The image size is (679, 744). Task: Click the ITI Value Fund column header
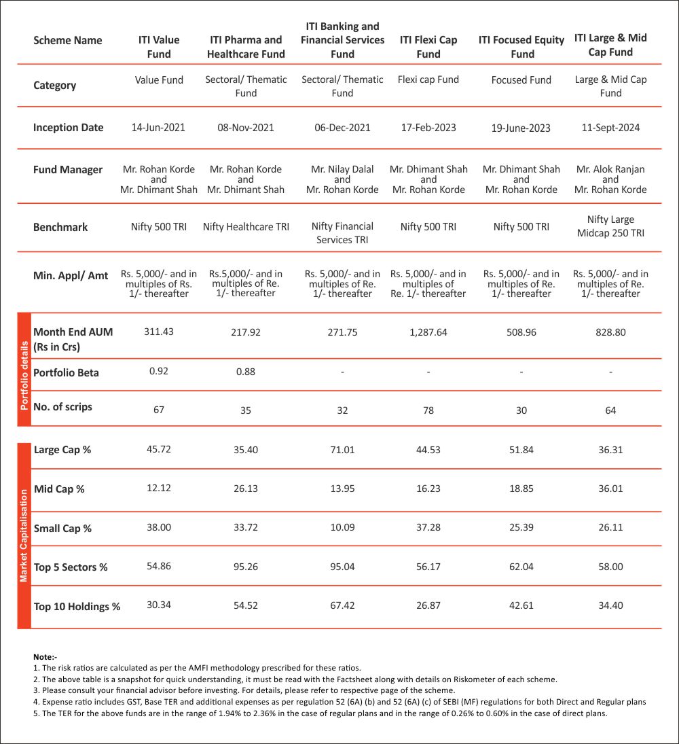pyautogui.click(x=159, y=47)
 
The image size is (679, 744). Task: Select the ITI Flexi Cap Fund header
pyautogui.click(x=428, y=47)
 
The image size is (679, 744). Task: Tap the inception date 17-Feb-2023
pyautogui.click(x=428, y=128)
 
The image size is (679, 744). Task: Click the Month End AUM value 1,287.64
pyautogui.click(x=428, y=333)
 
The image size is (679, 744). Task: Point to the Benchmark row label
pyautogui.click(x=60, y=227)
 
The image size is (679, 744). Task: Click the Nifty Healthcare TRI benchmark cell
pyautogui.click(x=246, y=227)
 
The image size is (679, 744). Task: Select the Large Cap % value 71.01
pyautogui.click(x=342, y=449)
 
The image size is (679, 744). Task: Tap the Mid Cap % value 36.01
pyautogui.click(x=610, y=489)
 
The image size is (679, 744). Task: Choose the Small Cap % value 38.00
pyautogui.click(x=159, y=528)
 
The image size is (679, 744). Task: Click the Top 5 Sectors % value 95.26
pyautogui.click(x=246, y=567)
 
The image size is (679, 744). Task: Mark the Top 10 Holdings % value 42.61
pyautogui.click(x=521, y=605)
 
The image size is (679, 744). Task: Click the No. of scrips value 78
pyautogui.click(x=428, y=410)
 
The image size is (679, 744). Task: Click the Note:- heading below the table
pyautogui.click(x=45, y=657)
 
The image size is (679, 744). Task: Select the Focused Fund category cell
pyautogui.click(x=521, y=80)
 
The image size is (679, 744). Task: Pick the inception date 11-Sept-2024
pyautogui.click(x=610, y=128)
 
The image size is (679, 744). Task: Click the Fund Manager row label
pyautogui.click(x=68, y=170)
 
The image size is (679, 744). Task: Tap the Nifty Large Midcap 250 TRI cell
pyautogui.click(x=610, y=226)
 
